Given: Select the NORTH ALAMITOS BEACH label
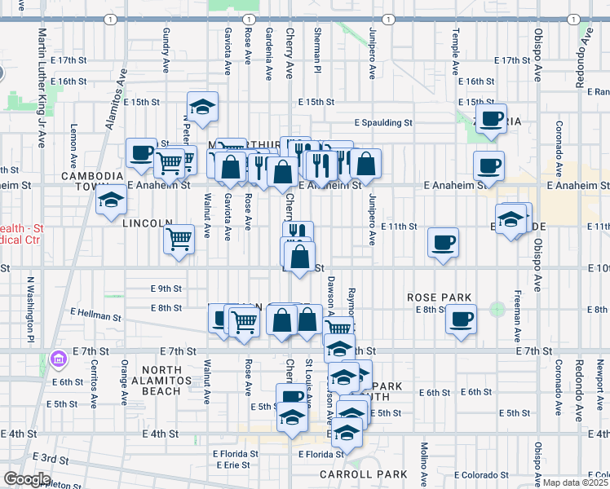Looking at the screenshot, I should pyautogui.click(x=161, y=381).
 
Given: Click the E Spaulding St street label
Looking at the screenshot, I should pyautogui.click(x=383, y=123).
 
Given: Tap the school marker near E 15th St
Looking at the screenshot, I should pyautogui.click(x=202, y=106).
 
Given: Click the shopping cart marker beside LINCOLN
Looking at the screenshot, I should pyautogui.click(x=179, y=240).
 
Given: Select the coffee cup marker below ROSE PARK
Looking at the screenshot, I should pyautogui.click(x=461, y=319).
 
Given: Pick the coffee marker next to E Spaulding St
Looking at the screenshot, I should pyautogui.click(x=491, y=119).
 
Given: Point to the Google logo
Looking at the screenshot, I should pyautogui.click(x=28, y=479).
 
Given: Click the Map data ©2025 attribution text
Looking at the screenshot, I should pyautogui.click(x=575, y=482).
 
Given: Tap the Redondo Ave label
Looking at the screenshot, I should pyautogui.click(x=584, y=45).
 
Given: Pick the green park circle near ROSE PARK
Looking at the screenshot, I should pyautogui.click(x=497, y=310).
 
